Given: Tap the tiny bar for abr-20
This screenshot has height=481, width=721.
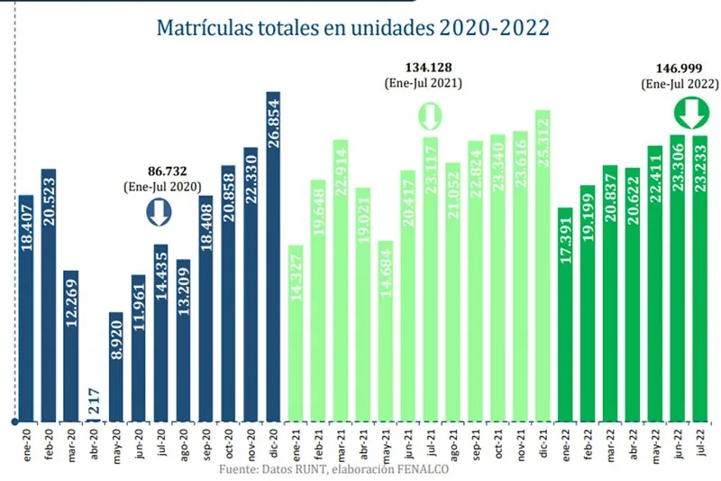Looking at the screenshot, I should coord(93,413).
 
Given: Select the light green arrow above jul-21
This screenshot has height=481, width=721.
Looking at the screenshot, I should coord(430,116).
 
